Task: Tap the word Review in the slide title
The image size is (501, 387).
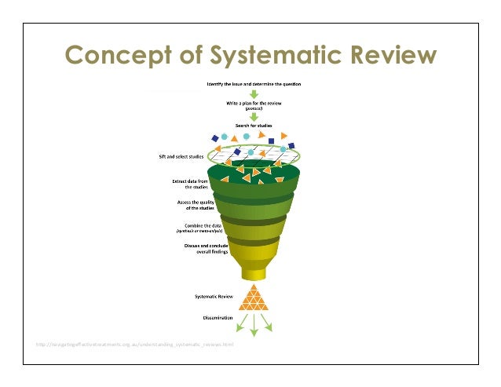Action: tap(388, 56)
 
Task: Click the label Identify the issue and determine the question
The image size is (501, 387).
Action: tap(254, 83)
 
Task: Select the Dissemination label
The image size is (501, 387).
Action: tap(214, 318)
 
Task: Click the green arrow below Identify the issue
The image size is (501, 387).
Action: tap(254, 93)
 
